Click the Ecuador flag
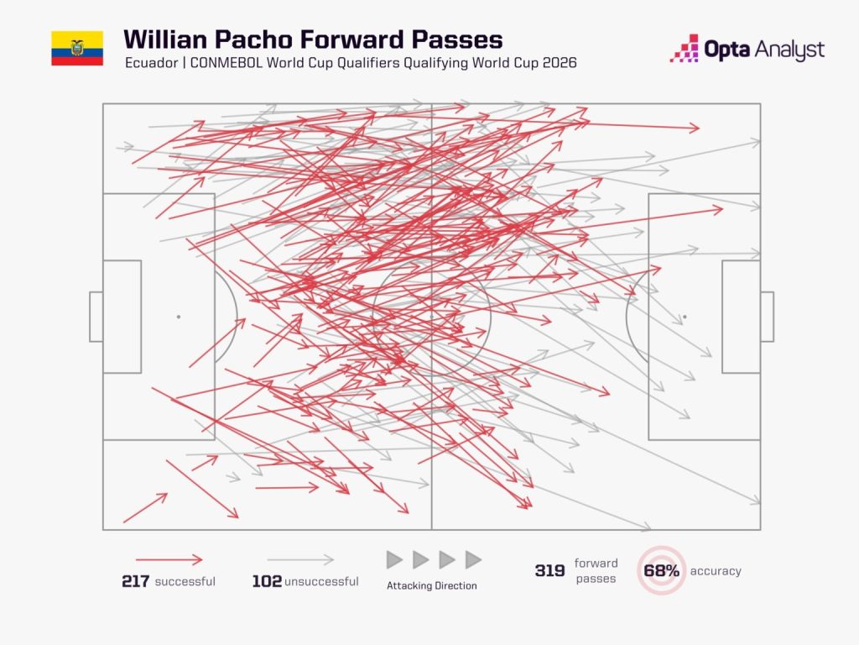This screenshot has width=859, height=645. [x=77, y=48]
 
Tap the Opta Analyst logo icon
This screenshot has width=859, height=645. [x=685, y=48]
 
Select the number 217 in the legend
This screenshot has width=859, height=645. [x=135, y=581]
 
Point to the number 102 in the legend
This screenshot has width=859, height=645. [x=267, y=581]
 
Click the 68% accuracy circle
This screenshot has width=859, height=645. [x=661, y=570]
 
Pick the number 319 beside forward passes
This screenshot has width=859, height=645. [x=550, y=571]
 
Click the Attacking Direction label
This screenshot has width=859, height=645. [x=432, y=585]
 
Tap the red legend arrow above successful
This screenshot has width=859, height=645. [x=169, y=560]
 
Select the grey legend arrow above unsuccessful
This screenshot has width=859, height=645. [x=301, y=560]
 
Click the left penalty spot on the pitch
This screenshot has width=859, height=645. [x=179, y=317]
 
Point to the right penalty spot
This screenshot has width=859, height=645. [x=685, y=317]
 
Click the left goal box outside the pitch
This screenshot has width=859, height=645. [x=96, y=317]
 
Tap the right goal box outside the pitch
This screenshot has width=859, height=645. [x=767, y=317]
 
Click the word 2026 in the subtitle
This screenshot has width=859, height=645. [x=560, y=62]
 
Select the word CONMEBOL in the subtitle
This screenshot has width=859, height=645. [x=226, y=62]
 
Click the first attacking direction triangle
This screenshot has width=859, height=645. [x=394, y=560]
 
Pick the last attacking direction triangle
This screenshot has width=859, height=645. [x=473, y=560]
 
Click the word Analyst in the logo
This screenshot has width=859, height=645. [x=789, y=50]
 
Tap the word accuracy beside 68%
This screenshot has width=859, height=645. [x=716, y=571]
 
